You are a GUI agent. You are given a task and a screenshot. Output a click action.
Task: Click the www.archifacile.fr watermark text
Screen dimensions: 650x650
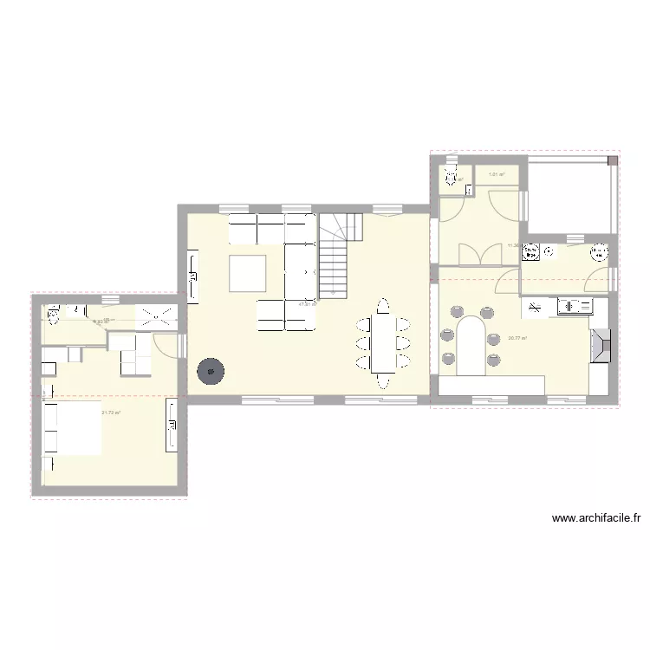pos(596,519)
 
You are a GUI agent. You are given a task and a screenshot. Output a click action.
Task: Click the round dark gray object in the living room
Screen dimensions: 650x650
pos(211,371)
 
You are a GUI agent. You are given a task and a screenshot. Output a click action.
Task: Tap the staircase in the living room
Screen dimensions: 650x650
pos(334,257)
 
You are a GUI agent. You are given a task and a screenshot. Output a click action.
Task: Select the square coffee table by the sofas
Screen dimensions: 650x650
pos(247,273)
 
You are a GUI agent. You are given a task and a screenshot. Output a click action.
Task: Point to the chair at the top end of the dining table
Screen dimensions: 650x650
pos(382,304)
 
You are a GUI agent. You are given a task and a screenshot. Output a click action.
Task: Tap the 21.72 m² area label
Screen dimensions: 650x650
pos(111,413)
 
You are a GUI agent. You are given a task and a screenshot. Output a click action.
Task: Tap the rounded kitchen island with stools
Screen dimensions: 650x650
pos(471,345)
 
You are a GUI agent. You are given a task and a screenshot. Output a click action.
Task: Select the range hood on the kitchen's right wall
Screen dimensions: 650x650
pos(600,345)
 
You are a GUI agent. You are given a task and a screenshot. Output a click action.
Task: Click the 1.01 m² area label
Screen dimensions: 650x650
pos(497,175)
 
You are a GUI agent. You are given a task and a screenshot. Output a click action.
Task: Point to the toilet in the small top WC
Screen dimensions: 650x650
pos(452,179)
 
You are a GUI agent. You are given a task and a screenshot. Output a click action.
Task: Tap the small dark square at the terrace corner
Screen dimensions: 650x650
pos(612,160)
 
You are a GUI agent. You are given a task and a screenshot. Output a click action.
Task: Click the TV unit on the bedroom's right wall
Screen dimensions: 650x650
pos(172,429)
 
